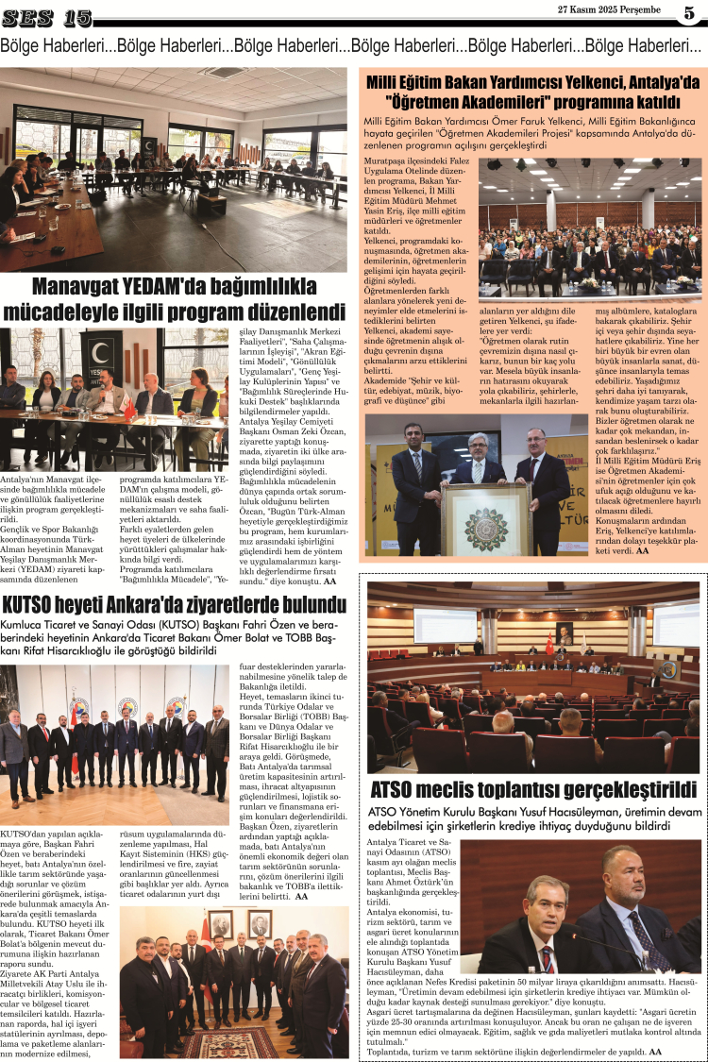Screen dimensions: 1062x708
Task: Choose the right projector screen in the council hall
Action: pyautogui.click(x=676, y=624)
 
